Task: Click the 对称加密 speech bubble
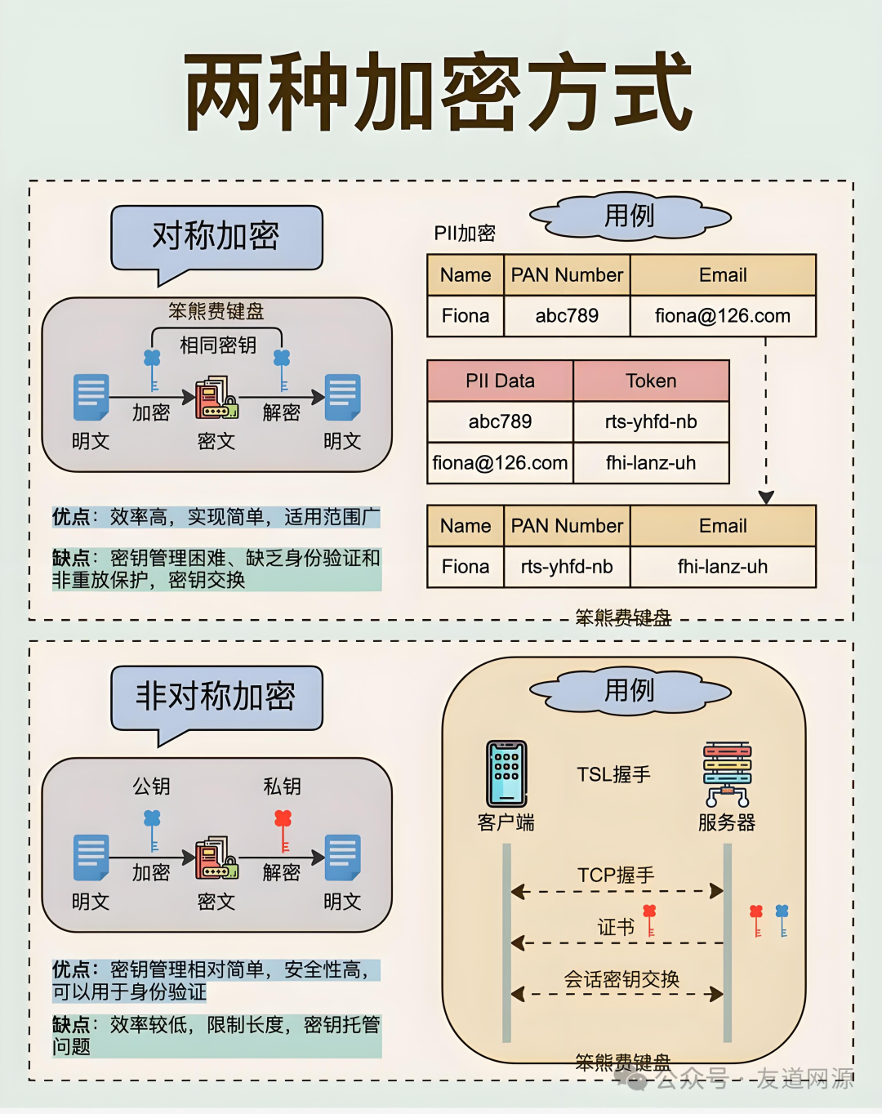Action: (x=216, y=237)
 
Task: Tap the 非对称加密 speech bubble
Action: (x=216, y=697)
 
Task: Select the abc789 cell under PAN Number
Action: (x=567, y=316)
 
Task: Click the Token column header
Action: (x=651, y=381)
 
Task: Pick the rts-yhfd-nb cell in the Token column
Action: (x=651, y=422)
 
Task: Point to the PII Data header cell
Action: (x=500, y=381)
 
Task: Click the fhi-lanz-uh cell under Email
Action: (x=723, y=567)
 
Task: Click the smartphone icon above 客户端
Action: (x=506, y=773)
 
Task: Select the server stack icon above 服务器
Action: (x=727, y=773)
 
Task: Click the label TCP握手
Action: (x=616, y=876)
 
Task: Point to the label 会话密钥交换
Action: (x=621, y=979)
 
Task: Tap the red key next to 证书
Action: (x=649, y=920)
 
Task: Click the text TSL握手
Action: (x=613, y=774)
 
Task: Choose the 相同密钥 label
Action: (x=218, y=345)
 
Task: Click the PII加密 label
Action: (x=465, y=234)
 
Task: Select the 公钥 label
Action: (x=152, y=786)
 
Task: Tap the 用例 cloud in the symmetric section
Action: (x=629, y=216)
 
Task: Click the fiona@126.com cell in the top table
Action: (x=723, y=316)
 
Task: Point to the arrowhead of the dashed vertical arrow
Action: (x=766, y=497)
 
